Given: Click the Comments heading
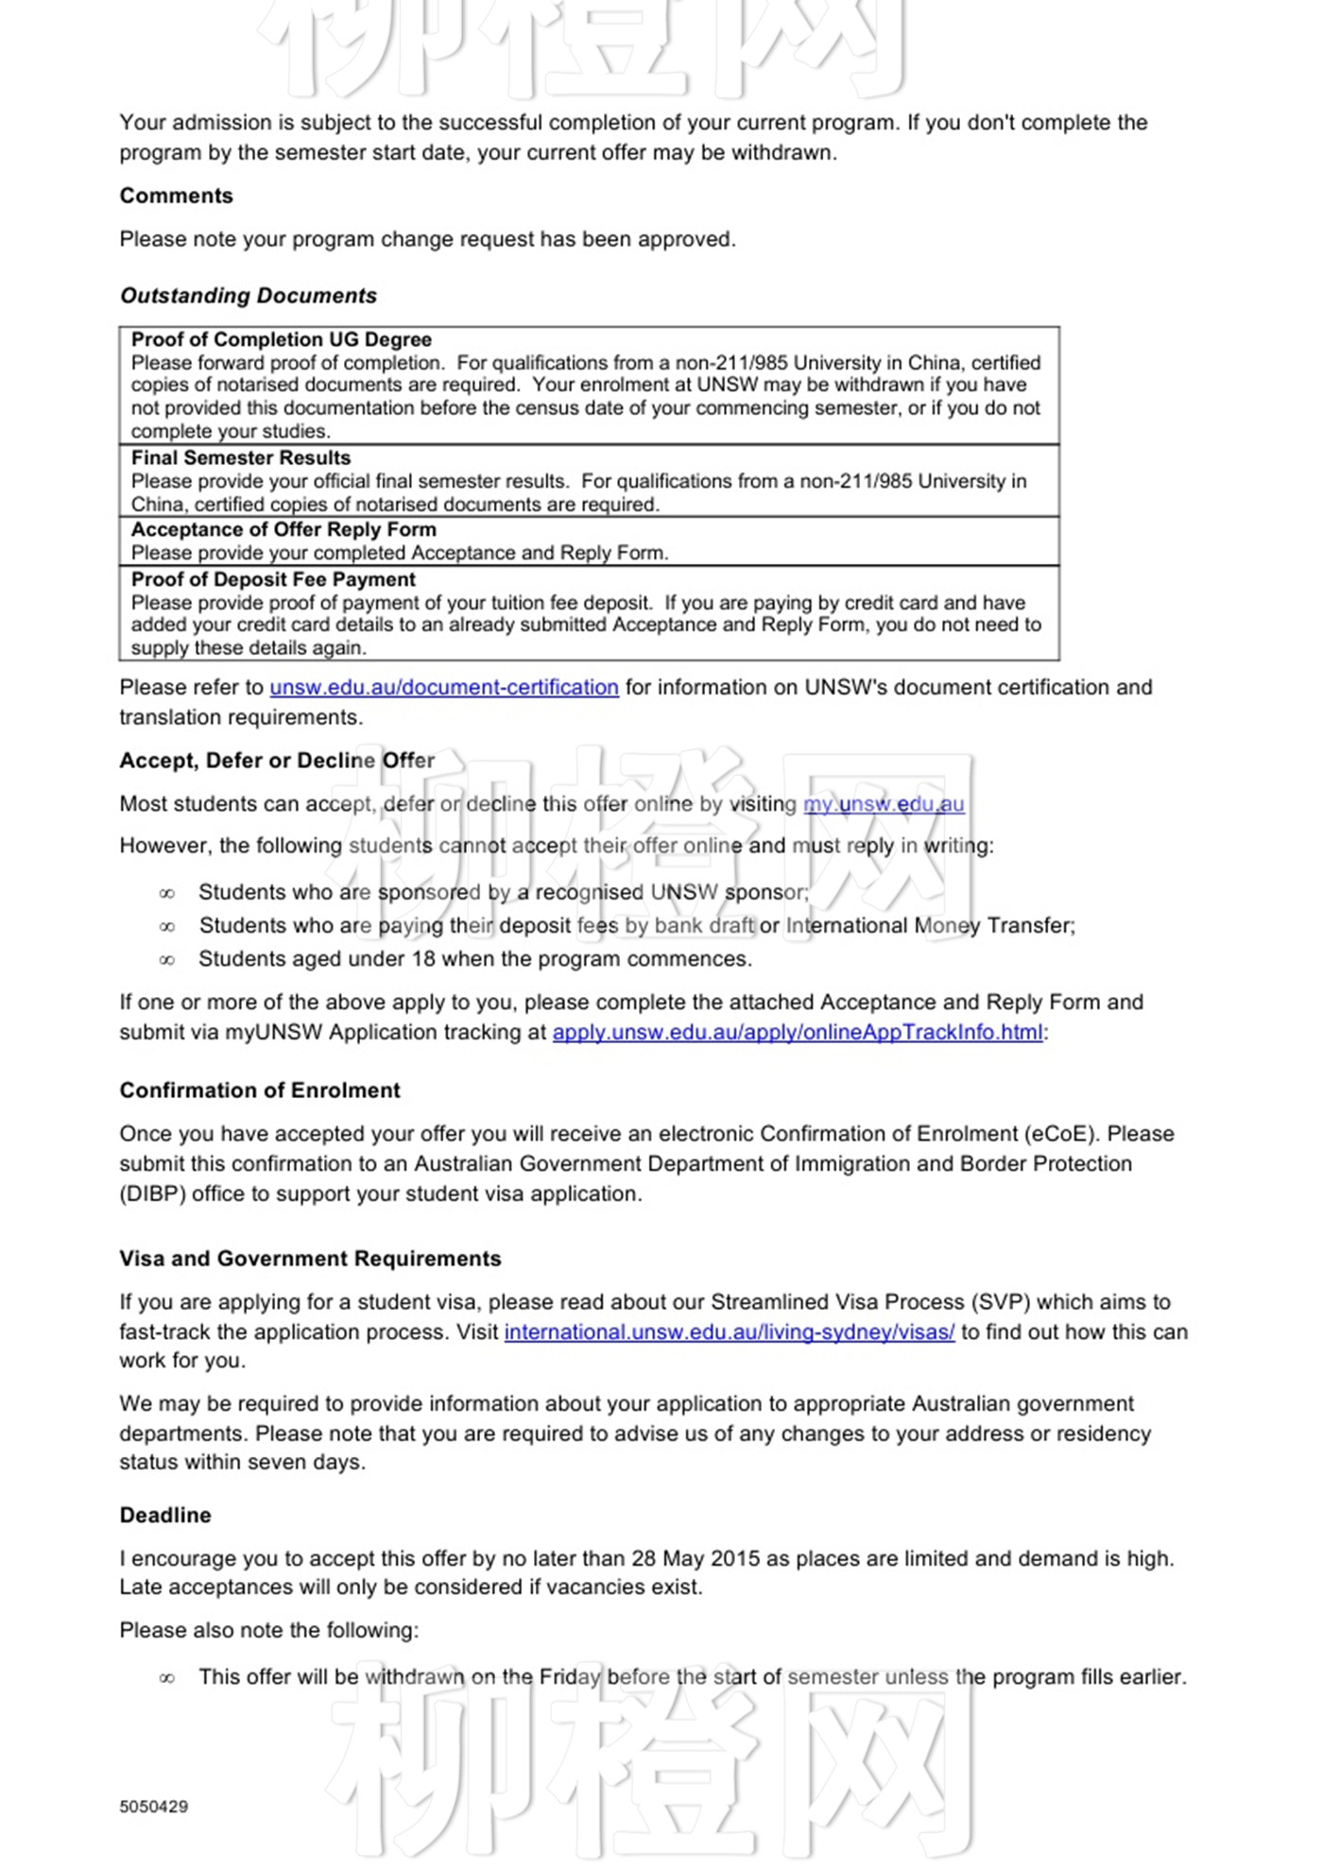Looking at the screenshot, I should (176, 196).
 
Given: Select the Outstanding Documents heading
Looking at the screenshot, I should (248, 296).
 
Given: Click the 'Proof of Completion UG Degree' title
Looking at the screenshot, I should (281, 340).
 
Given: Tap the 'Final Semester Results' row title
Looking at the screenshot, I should (240, 458).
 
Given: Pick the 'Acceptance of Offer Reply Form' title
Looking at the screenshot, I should (283, 529).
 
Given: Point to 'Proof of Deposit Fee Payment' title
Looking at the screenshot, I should (273, 579).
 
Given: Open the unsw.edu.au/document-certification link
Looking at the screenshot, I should (444, 688).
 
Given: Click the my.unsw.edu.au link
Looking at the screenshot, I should (884, 804).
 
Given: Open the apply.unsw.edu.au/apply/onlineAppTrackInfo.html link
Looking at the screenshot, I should (798, 1032).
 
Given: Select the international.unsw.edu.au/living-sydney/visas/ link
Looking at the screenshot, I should (729, 1331).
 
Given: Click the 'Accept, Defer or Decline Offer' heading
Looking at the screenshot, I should (277, 761).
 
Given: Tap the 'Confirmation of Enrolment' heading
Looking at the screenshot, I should (260, 1090).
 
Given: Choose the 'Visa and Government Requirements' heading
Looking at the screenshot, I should (310, 1259).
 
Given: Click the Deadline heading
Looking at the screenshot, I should (165, 1515).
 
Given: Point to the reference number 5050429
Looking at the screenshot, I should (154, 1807).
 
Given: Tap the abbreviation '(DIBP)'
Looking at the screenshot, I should (152, 1193).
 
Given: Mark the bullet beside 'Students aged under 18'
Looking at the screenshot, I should (167, 960).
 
